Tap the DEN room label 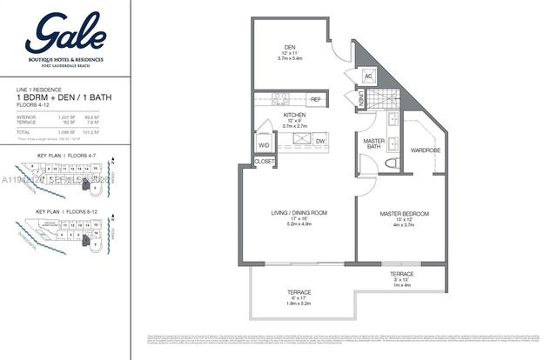291,48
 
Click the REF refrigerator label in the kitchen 315,100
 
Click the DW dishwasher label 319,141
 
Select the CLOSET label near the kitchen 265,162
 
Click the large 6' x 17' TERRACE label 299,292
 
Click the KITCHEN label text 295,114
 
